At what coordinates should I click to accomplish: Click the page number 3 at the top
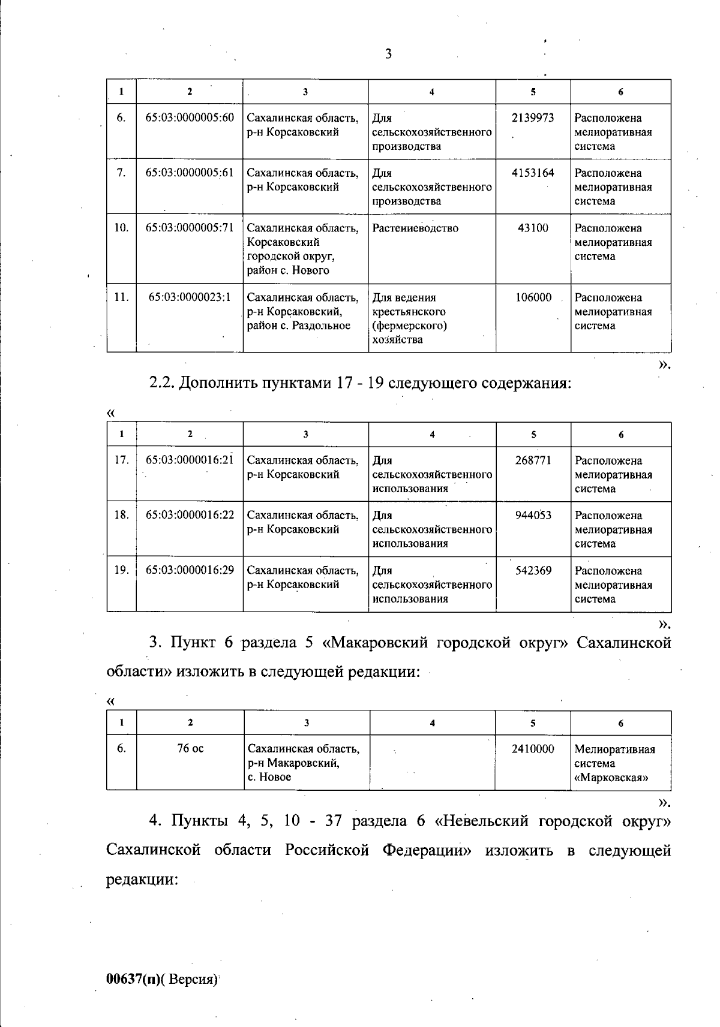388,54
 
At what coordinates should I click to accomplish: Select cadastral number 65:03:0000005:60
190,118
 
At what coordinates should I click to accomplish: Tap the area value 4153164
533,173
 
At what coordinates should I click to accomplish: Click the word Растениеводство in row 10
415,228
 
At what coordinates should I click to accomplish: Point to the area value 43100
533,228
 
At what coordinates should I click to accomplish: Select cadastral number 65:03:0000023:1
190,297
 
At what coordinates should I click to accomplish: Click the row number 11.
121,297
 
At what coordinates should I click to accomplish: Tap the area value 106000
533,297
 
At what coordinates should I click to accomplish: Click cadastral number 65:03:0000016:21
190,460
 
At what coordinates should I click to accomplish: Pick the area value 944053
533,515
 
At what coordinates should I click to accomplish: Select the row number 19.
121,570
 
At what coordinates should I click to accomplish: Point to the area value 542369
533,570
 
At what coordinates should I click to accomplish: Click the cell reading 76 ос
190,748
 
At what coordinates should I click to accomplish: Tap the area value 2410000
533,749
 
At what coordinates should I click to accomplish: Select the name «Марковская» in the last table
611,778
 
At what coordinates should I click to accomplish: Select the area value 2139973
533,118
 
